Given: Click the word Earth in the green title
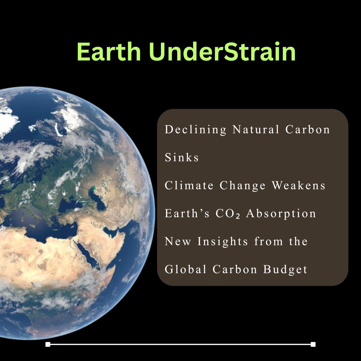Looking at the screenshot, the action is point(109,52).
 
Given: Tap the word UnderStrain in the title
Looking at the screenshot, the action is point(222,52).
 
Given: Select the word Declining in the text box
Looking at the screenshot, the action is point(196,130).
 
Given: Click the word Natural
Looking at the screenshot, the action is point(256,129).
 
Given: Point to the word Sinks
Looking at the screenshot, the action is point(181,157).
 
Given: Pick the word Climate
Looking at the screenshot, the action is point(189,185).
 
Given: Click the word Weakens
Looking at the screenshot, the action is point(299,185).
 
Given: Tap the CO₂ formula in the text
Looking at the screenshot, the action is point(228,213).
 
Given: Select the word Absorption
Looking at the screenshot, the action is point(281,214).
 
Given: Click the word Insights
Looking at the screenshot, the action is point(223,242).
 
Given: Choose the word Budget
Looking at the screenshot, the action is point(285,270).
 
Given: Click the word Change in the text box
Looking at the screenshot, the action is point(242,186).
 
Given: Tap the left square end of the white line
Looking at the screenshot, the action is point(48,344).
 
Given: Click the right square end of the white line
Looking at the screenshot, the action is point(313,344).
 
